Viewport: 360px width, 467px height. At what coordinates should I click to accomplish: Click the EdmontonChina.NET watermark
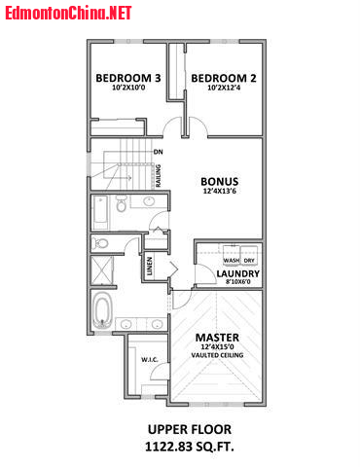(68, 13)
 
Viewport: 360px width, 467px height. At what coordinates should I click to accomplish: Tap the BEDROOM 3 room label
(128, 78)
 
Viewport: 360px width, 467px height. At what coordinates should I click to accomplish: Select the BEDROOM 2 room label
(224, 78)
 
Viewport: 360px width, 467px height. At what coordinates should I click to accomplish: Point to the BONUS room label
(220, 181)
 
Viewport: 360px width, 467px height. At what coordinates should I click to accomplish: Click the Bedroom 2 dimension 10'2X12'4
(224, 88)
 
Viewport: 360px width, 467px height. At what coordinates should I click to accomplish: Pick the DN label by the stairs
(159, 152)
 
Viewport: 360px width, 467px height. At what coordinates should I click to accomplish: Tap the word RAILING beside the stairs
(159, 175)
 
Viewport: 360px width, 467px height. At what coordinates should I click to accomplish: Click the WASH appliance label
(232, 260)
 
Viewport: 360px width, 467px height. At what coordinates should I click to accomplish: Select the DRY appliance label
(249, 260)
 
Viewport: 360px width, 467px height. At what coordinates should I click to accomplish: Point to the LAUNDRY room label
(238, 273)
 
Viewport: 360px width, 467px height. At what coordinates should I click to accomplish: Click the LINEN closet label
(150, 267)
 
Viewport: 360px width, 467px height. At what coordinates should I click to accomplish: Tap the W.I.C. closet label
(150, 360)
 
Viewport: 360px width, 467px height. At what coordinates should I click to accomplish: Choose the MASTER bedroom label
(217, 338)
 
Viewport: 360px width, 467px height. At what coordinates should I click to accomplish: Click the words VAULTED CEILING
(217, 355)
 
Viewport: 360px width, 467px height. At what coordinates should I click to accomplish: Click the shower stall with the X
(102, 270)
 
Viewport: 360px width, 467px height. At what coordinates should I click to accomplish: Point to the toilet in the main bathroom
(121, 203)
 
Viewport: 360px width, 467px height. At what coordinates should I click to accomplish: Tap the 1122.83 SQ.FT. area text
(190, 447)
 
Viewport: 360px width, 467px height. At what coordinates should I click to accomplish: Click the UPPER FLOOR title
(190, 429)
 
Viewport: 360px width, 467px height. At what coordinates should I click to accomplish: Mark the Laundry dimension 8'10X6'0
(238, 282)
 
